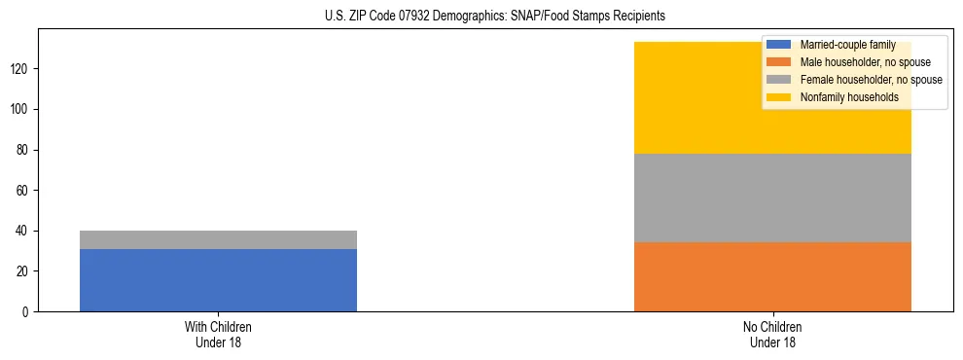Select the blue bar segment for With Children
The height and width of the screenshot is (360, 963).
[x=218, y=280]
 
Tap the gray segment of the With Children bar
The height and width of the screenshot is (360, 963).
[x=218, y=239]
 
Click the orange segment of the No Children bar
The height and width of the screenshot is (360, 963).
[x=772, y=276]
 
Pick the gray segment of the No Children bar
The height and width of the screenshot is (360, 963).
[x=772, y=198]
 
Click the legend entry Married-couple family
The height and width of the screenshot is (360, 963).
[x=847, y=45]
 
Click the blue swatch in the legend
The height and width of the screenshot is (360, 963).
[x=779, y=45]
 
